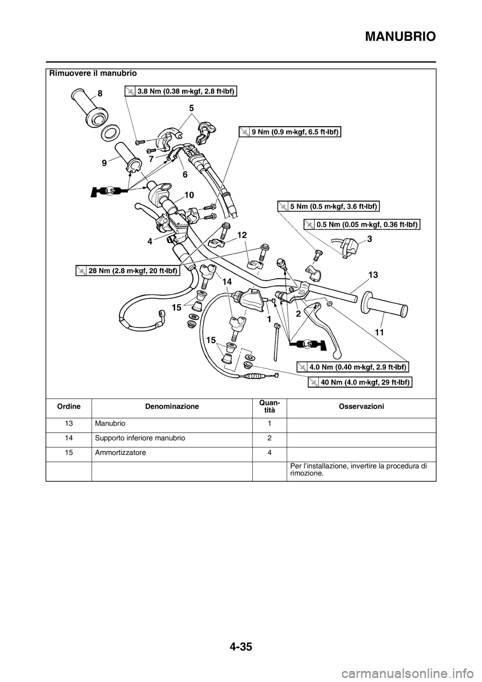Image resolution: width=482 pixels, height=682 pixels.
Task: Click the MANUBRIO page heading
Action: tap(401, 37)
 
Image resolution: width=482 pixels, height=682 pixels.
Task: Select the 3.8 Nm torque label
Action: tap(181, 91)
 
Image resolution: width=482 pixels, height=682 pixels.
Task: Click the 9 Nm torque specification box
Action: tap(290, 132)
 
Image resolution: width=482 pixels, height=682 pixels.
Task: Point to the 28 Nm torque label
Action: tap(127, 270)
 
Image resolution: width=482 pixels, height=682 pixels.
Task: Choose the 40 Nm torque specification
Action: tap(360, 382)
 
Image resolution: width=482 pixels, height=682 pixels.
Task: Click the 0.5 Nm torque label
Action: tap(362, 224)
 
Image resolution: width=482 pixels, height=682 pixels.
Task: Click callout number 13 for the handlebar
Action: tap(374, 275)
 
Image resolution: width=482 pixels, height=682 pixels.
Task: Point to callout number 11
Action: tap(379, 333)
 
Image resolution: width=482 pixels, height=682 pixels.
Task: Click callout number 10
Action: tap(189, 194)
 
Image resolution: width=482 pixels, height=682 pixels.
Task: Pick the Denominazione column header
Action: tap(172, 406)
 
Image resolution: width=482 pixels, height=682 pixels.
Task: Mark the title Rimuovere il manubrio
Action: tap(93, 73)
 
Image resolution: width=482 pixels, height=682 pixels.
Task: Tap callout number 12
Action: tap(243, 235)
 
